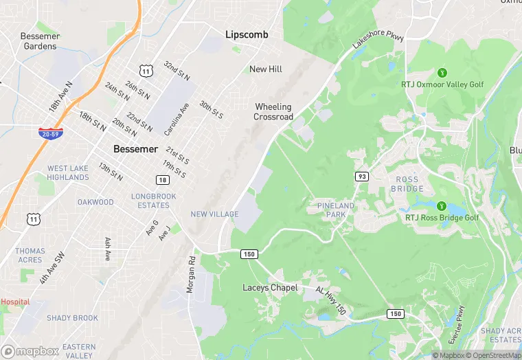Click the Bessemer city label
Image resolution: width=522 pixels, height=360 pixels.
pos(135,149)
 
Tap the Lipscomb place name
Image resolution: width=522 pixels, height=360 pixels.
pos(247,34)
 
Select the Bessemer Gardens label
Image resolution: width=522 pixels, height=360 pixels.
pos(40,41)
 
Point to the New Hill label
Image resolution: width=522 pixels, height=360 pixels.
pos(266,69)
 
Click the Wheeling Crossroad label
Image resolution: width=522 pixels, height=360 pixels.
pos(273,112)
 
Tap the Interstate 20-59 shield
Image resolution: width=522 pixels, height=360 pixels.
pos(51,133)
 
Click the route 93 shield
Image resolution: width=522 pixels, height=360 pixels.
pos(361,177)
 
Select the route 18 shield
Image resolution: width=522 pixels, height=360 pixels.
pos(162,180)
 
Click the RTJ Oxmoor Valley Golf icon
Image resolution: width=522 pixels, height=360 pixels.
pos(442,73)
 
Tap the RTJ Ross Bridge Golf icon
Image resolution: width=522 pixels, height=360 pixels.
pos(442,206)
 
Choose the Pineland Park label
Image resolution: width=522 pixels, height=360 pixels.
pos(336,210)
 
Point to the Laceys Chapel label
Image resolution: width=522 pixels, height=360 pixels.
pos(270,288)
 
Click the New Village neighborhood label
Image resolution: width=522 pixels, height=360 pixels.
pos(214,214)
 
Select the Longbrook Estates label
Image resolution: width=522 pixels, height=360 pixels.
pos(154,201)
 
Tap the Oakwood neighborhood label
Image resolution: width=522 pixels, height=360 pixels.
pos(95,202)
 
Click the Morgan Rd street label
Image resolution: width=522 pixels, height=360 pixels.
pos(191,275)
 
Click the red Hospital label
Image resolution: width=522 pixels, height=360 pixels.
pos(15,302)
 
